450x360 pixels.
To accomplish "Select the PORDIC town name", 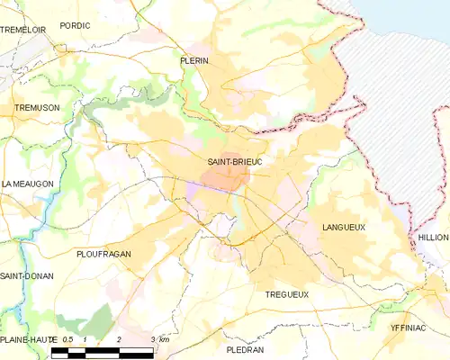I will click(x=75, y=26).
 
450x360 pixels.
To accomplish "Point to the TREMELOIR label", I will click(x=23, y=30).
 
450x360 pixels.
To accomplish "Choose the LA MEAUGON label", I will click(x=28, y=184).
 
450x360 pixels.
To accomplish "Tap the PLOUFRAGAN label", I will click(x=104, y=254).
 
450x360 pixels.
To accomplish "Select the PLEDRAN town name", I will click(x=245, y=348).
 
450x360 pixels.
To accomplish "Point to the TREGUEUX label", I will click(x=287, y=294).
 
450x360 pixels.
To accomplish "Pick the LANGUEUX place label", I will click(x=343, y=228).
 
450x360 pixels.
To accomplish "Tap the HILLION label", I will click(x=432, y=237).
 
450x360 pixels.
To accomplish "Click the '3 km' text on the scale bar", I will click(x=160, y=338).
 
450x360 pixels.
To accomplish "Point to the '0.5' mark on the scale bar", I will click(x=67, y=338).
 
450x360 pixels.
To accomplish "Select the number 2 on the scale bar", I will click(x=119, y=338).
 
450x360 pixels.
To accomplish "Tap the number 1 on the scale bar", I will click(x=85, y=338).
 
